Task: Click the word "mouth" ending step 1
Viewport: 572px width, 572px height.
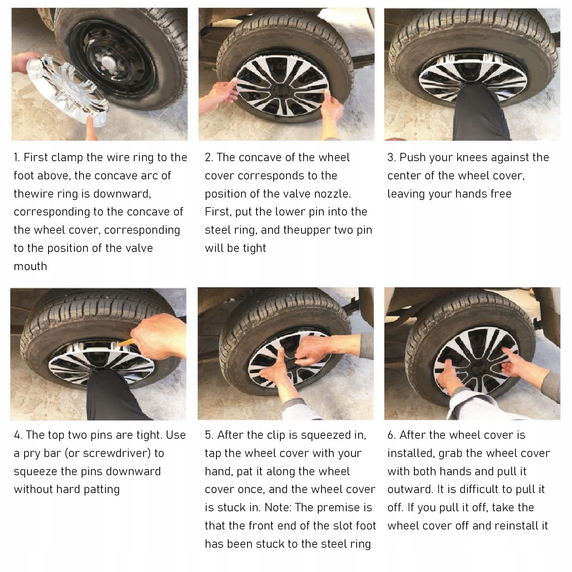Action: pos(30,267)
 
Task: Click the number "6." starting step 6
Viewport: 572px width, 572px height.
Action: pos(392,435)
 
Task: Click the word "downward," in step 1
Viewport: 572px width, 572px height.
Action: pos(122,194)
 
